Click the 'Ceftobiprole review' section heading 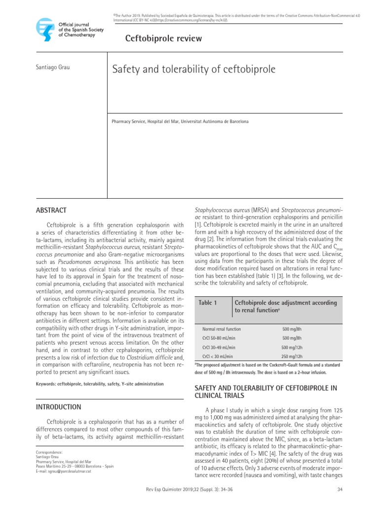coord(157,39)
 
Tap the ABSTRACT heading coord(51,210)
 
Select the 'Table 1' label coord(207,302)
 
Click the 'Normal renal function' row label coord(222,329)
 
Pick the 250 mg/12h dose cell coord(292,356)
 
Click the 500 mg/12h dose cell coord(292,347)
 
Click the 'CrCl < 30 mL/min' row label coord(218,356)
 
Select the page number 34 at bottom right coord(340,489)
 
